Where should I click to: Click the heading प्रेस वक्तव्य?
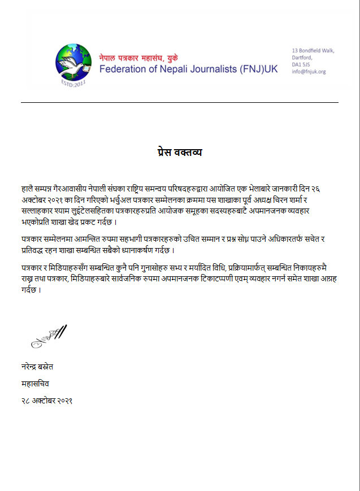(x=180, y=153)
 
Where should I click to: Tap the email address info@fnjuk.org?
(x=309, y=72)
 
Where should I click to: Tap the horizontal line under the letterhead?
(x=180, y=102)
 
